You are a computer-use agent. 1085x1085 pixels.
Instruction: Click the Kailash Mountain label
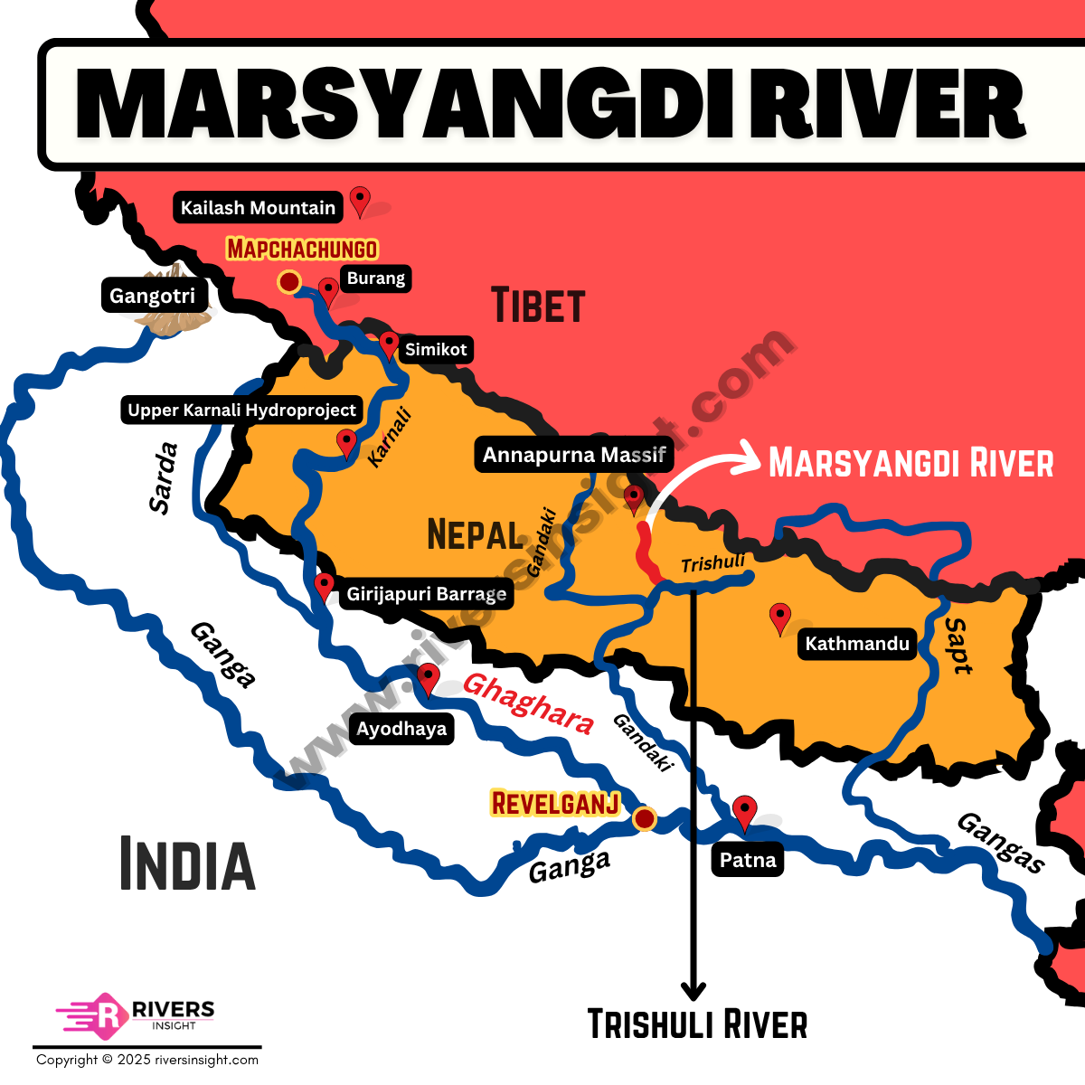(x=258, y=207)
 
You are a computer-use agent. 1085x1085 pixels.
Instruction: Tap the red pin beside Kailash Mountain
(x=360, y=200)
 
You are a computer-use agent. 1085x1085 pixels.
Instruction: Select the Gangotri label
(x=152, y=296)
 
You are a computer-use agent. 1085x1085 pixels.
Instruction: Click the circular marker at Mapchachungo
(x=288, y=282)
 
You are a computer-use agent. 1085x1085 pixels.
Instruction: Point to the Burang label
(x=376, y=278)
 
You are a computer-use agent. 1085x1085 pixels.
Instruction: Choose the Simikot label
(x=436, y=349)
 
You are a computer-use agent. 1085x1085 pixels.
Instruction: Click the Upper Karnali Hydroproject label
(x=241, y=410)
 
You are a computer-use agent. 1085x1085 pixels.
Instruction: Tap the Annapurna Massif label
(x=574, y=455)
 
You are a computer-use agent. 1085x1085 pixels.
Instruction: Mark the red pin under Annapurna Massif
(x=634, y=497)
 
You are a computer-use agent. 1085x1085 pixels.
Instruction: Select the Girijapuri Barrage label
(x=427, y=594)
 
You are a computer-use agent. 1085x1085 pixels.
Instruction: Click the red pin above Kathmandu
(x=779, y=618)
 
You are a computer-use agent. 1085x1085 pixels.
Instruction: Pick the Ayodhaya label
(x=401, y=729)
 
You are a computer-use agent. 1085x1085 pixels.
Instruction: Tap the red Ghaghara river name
(x=528, y=704)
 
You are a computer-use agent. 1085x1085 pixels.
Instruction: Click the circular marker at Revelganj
(x=645, y=819)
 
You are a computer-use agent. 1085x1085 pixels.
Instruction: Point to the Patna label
(x=748, y=860)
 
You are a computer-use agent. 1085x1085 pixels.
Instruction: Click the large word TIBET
(x=538, y=306)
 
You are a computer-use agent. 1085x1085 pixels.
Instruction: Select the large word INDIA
(x=187, y=864)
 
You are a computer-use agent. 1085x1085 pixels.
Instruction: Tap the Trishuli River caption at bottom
(x=697, y=1024)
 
